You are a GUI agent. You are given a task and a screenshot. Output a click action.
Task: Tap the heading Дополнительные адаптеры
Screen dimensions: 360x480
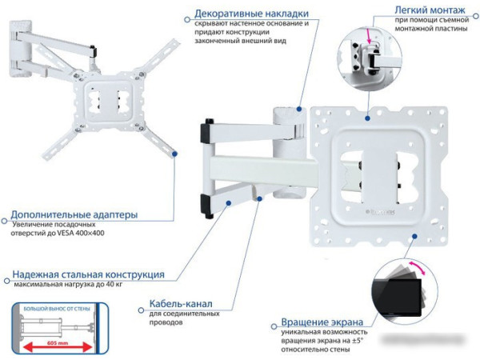point(74,215)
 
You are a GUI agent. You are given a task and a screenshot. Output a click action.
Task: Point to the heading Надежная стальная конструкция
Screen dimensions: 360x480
point(89,274)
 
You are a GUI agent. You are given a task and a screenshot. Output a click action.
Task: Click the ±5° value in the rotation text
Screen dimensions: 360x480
point(361,341)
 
